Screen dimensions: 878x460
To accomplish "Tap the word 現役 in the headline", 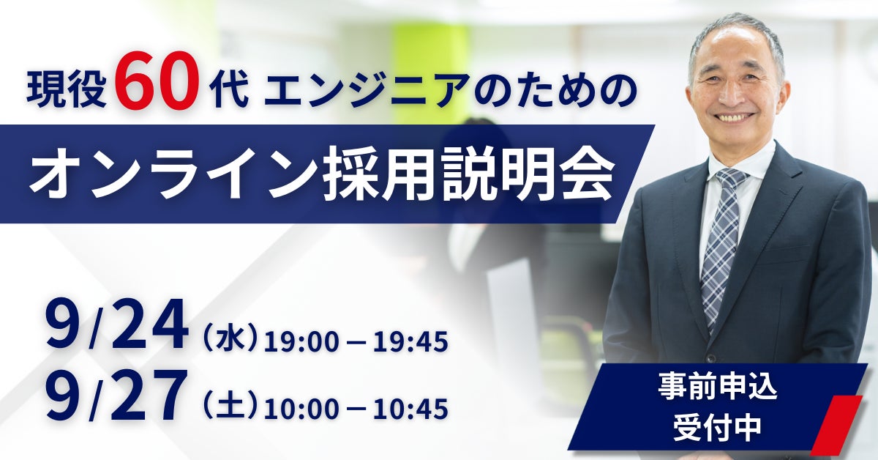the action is pyautogui.click(x=67, y=91).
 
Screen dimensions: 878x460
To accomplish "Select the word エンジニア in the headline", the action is pyautogui.click(x=369, y=92).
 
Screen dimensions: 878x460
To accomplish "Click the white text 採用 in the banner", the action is pyautogui.click(x=378, y=174).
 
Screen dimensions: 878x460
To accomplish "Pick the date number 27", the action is pyautogui.click(x=146, y=396).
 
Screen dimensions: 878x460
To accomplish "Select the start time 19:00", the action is pyautogui.click(x=301, y=341).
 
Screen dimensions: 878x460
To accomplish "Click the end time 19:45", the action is pyautogui.click(x=410, y=341).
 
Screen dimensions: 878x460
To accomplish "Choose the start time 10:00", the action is pyautogui.click(x=301, y=409).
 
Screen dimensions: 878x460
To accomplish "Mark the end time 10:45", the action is pyautogui.click(x=410, y=409).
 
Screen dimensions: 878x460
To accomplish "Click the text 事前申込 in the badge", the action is pyautogui.click(x=718, y=387).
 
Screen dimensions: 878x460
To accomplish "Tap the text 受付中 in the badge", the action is pyautogui.click(x=717, y=426).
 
